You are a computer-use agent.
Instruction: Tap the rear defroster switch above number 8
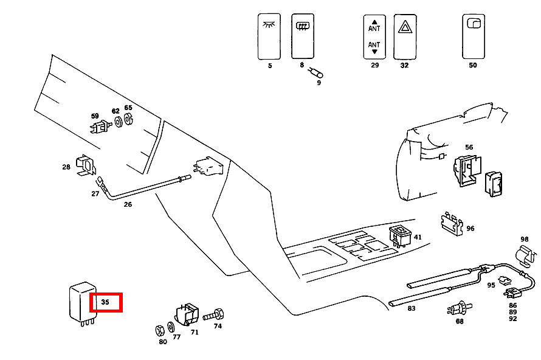(302, 36)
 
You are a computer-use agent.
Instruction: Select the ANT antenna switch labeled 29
(374, 36)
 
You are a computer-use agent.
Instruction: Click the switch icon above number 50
(472, 36)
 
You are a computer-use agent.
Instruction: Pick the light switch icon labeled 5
(269, 36)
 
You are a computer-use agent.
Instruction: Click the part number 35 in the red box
(106, 302)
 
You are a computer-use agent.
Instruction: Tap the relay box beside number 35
(80, 302)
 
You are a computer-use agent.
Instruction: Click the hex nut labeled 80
(160, 330)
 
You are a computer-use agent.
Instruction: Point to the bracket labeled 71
(188, 314)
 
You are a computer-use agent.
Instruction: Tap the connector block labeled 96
(451, 223)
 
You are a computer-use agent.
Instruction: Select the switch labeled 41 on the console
(401, 234)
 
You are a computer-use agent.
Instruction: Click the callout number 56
(469, 147)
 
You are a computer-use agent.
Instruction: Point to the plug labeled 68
(457, 307)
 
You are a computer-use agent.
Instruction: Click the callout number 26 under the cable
(128, 204)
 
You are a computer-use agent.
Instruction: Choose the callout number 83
(412, 309)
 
